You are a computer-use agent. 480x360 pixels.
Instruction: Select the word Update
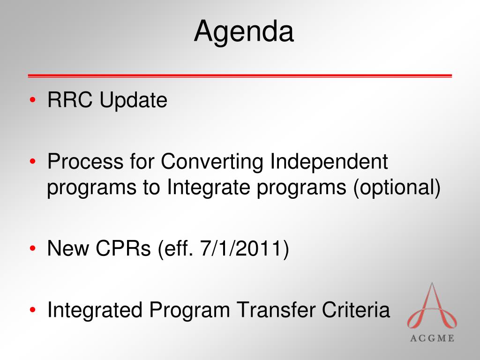click(134, 101)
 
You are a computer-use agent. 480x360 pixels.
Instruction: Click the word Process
click(85, 161)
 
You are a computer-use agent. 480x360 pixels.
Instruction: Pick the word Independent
click(329, 161)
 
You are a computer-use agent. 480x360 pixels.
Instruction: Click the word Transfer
click(276, 309)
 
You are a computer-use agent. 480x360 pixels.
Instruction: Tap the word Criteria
click(356, 309)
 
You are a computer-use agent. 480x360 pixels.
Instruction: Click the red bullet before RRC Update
click(33, 100)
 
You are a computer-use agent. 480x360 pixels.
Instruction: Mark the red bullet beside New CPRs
click(33, 248)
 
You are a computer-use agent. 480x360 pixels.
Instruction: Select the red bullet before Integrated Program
click(33, 310)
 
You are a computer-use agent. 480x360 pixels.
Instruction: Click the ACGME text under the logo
click(432, 338)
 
